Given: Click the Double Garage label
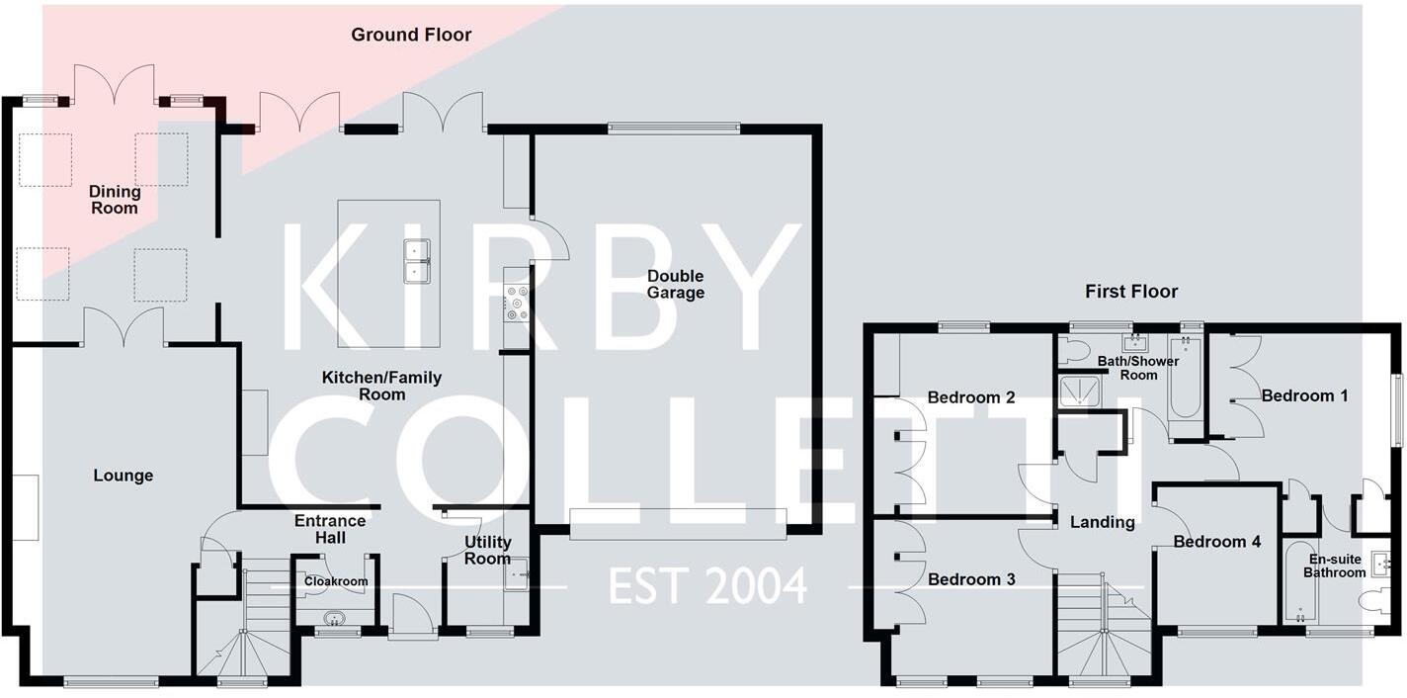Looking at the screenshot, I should [x=676, y=285].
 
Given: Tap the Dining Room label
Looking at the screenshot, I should [x=115, y=200].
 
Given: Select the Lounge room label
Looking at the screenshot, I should [x=124, y=476].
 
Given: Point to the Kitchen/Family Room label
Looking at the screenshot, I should [x=381, y=386].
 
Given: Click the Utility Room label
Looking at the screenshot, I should [x=488, y=550].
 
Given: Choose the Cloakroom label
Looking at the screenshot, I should [x=336, y=581].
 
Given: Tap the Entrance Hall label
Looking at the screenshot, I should [x=330, y=529].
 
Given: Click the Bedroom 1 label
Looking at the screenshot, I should [x=1304, y=395].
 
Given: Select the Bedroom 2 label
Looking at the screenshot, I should [x=971, y=397].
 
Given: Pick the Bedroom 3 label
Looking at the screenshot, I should [x=971, y=579].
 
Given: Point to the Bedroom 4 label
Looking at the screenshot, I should [x=1217, y=542].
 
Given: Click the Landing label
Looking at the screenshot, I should [x=1103, y=522].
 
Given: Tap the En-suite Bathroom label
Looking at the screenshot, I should [x=1334, y=566].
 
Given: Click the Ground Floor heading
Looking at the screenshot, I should [x=411, y=35].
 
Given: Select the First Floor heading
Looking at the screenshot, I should [x=1131, y=292].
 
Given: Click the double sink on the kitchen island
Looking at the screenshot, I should [x=416, y=261].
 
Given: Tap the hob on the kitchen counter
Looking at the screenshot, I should [x=517, y=302].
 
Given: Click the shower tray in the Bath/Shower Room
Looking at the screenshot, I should [x=1078, y=393].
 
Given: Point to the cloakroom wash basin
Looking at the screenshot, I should [x=336, y=619].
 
